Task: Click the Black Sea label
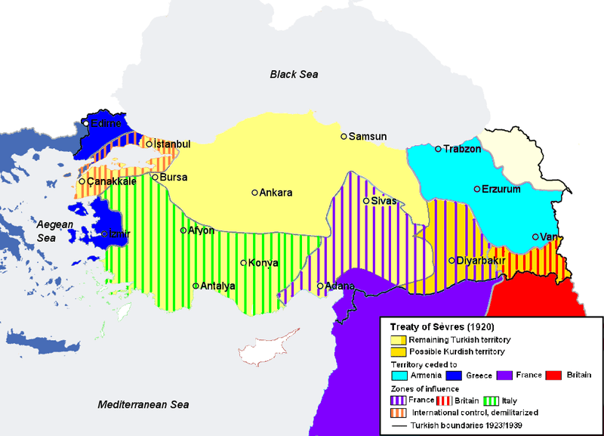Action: [294, 74]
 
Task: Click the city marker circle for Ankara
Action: [255, 192]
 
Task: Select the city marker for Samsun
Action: [344, 137]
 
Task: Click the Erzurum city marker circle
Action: [476, 189]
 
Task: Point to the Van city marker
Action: [535, 237]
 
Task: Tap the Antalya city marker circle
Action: [196, 286]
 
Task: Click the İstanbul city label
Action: [172, 144]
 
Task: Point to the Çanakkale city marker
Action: [82, 181]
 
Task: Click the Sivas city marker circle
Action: [366, 201]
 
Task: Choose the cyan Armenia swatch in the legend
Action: [399, 376]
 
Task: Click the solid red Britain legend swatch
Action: [553, 376]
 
